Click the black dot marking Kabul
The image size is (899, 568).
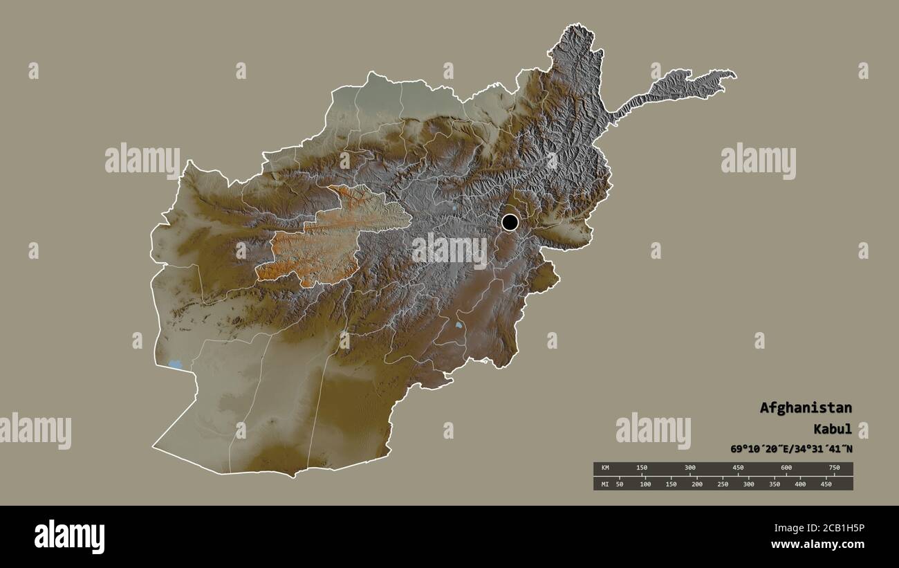(510, 222)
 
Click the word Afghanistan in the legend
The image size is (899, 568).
(806, 407)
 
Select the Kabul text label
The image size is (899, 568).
(834, 429)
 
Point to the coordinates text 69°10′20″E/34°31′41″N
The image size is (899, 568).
(791, 449)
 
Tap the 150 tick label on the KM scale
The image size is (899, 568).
(641, 468)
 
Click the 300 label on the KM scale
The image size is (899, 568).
(689, 468)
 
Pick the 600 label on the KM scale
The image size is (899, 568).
(786, 468)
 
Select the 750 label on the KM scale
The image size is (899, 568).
(834, 468)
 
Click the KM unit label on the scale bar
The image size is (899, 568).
(604, 468)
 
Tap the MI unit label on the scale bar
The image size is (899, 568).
(604, 484)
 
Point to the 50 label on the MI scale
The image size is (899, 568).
(619, 484)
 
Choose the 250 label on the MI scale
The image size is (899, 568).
(723, 484)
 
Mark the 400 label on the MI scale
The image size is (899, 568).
(800, 484)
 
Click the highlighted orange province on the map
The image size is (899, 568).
(325, 239)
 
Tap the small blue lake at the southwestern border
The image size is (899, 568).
(175, 363)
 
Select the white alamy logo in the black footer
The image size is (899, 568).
(69, 537)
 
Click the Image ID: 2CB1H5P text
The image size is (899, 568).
(827, 528)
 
